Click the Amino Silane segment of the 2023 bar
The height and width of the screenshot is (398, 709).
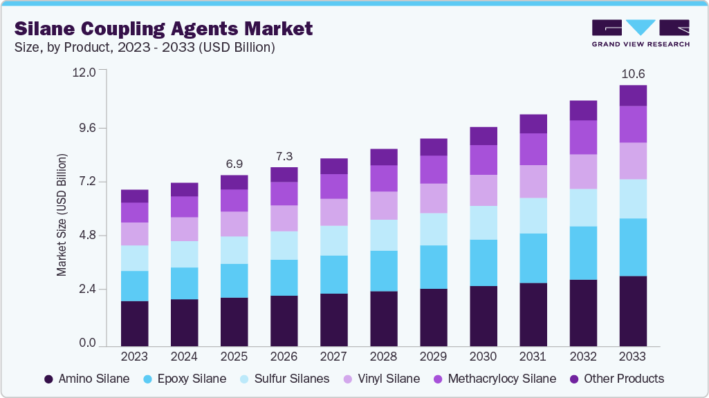[134, 323]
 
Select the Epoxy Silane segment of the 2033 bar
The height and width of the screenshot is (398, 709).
[633, 247]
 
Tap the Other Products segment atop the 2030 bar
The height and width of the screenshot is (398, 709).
[484, 136]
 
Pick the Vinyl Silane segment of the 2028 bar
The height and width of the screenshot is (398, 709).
[384, 205]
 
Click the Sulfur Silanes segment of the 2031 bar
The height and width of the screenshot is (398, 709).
[533, 216]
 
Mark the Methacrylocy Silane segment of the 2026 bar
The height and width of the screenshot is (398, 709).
[284, 193]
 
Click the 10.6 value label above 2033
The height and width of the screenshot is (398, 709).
[634, 73]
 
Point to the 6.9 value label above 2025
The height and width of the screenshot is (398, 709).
[234, 164]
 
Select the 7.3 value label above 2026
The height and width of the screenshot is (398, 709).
[284, 155]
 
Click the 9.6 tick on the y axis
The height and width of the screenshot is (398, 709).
[89, 128]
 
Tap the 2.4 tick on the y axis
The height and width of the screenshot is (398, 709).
[89, 289]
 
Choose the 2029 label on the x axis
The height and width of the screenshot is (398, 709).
[434, 357]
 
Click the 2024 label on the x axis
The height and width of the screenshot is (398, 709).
[184, 357]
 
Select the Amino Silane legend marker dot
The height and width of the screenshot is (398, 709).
[48, 379]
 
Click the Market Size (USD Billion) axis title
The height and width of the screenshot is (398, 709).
[62, 216]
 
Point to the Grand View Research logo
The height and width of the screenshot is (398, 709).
[641, 33]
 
